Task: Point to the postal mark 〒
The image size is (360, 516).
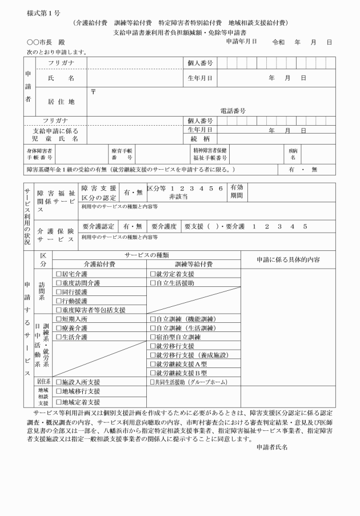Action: coord(93,91)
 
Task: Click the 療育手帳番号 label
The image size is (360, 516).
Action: coord(122,153)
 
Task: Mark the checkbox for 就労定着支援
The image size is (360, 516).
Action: coord(153,274)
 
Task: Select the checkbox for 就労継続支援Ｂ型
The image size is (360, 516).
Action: coord(153,373)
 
